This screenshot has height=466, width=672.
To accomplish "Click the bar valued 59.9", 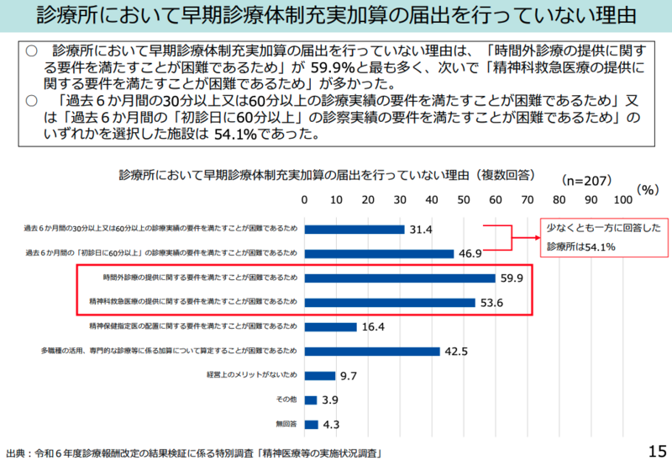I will (400, 278).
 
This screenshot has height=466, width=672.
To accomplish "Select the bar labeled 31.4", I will (354, 229).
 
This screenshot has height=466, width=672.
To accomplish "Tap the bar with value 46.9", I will (379, 253).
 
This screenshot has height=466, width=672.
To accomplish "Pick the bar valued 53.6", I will (390, 302).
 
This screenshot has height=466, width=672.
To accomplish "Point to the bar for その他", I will (310, 400).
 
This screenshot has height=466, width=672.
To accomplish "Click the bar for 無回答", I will (311, 424).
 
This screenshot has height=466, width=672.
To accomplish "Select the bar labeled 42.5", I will (372, 351).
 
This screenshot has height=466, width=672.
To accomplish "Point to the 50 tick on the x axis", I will (464, 199).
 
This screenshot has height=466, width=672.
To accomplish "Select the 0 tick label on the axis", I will (304, 199).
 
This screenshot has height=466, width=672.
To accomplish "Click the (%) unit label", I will (648, 189).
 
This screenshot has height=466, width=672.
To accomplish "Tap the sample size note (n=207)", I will (586, 179).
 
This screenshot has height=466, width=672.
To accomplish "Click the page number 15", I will (656, 450).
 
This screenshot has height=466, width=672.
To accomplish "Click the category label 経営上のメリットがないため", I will (251, 375).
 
